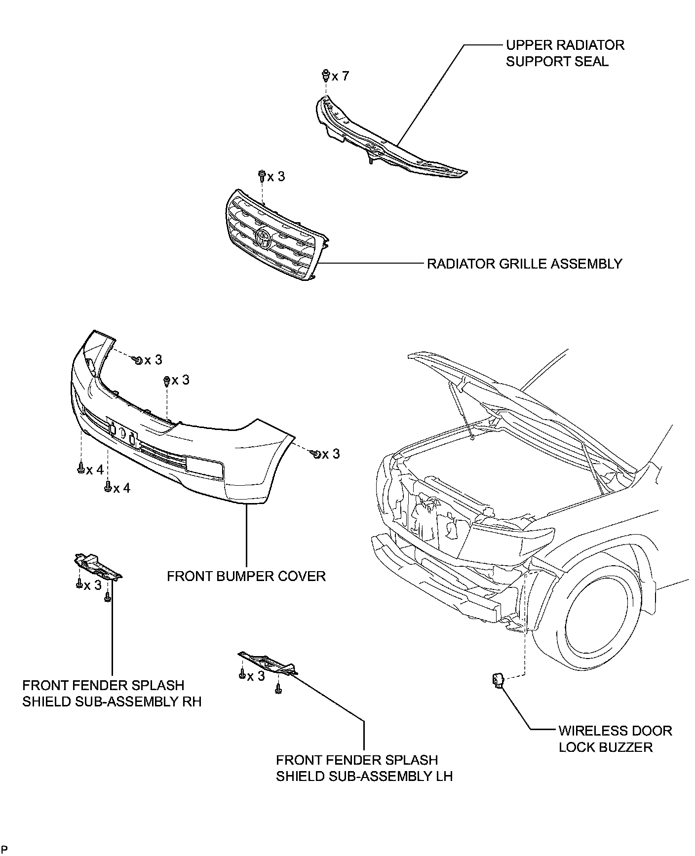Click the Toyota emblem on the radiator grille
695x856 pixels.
coord(264,239)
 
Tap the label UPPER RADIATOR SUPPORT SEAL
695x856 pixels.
coord(565,53)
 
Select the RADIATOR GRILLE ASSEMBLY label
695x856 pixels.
coord(524,264)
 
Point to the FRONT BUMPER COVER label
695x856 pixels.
coord(246,576)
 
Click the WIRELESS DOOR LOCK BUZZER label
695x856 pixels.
coord(615,739)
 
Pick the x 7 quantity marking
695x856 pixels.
coord(340,76)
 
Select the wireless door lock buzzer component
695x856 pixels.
coord(497,681)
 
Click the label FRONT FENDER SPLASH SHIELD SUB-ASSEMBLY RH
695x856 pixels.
coord(112,693)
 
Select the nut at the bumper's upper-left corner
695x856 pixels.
coord(138,360)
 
